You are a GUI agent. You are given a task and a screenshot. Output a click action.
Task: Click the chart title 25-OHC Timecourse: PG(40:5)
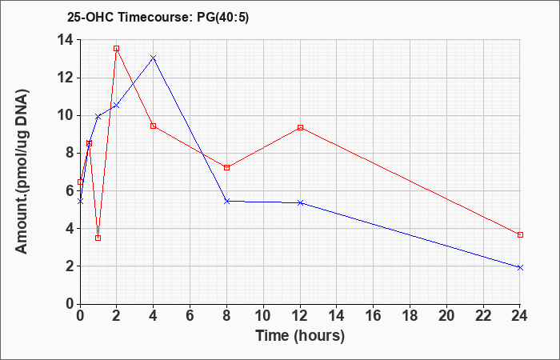[x=158, y=17]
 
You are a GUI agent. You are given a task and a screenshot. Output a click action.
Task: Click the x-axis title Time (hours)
[x=300, y=335]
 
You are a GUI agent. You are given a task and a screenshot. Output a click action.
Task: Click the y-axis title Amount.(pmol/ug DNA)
[x=22, y=172]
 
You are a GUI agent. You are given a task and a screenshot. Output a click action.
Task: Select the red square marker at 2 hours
[x=116, y=48]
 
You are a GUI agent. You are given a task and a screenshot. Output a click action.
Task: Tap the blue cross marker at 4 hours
[x=154, y=58]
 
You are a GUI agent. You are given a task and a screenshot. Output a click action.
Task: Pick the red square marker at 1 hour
[x=98, y=238]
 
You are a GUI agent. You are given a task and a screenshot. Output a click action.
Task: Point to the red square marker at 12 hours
[x=300, y=127]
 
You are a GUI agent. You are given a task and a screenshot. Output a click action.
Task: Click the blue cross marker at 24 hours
[x=520, y=267]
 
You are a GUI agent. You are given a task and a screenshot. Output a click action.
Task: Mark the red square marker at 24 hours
[x=520, y=234]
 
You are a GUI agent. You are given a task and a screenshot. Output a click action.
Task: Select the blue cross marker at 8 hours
[x=226, y=201]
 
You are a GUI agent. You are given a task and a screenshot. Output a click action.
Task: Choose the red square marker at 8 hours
[x=226, y=167]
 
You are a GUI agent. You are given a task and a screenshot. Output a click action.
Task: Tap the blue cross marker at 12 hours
[x=300, y=202]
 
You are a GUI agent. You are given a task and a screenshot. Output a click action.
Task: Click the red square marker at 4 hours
[x=154, y=126]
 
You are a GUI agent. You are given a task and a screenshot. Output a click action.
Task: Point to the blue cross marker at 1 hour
[x=98, y=117]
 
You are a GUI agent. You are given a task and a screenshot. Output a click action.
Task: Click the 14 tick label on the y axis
[x=66, y=40]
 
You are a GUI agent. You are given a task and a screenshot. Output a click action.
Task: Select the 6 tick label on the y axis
[x=70, y=191]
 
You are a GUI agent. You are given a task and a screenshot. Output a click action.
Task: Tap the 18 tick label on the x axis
[x=410, y=316]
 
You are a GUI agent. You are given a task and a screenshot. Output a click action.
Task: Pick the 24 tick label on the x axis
[x=519, y=316]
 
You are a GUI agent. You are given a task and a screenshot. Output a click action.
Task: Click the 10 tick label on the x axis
[x=263, y=316]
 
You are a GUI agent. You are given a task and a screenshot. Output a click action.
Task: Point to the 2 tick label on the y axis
[x=70, y=266]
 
